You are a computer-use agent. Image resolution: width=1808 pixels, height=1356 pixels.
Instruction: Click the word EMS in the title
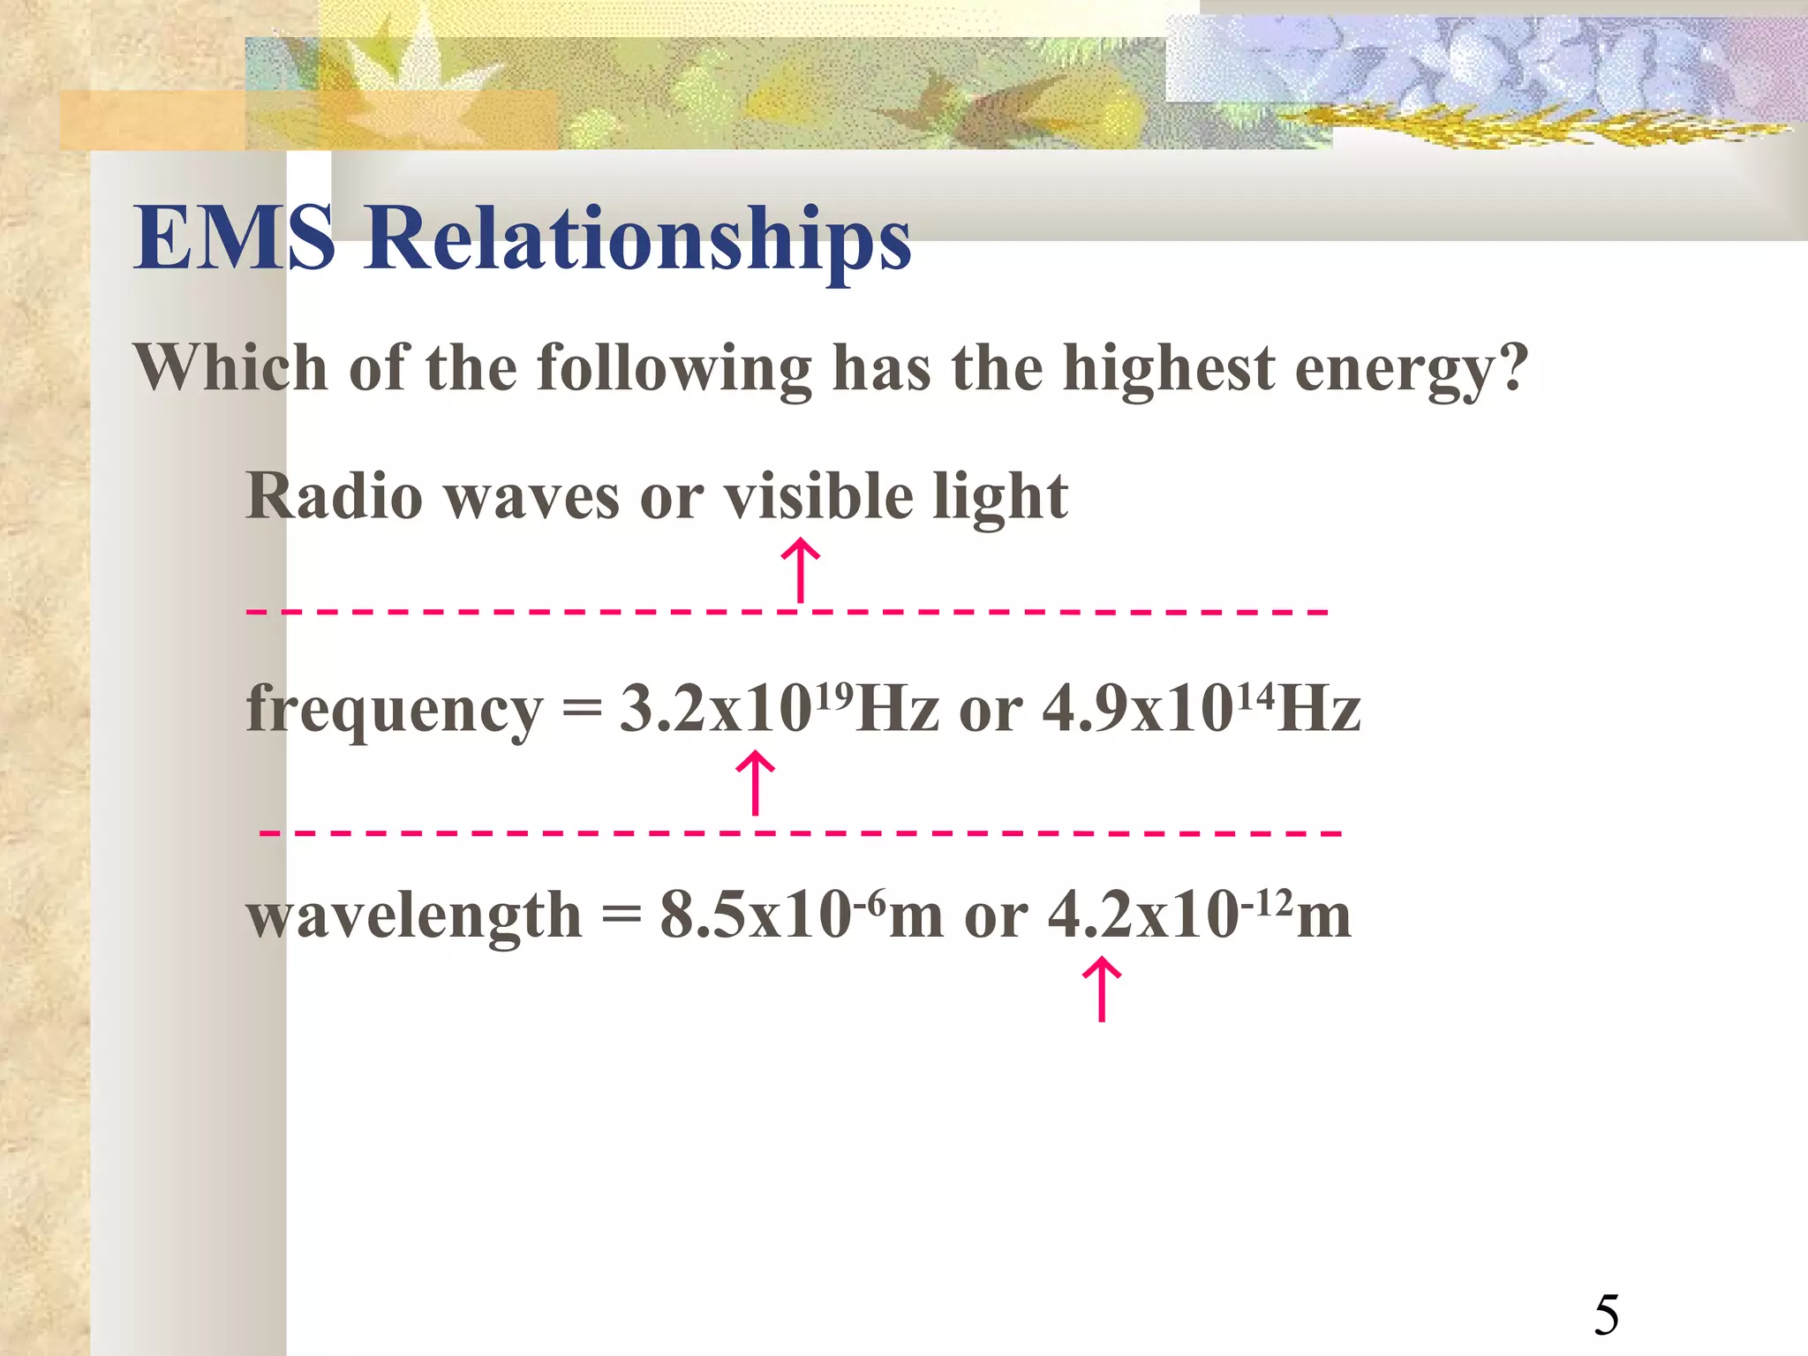[x=234, y=237]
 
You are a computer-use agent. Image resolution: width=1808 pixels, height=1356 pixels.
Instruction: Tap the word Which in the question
[x=230, y=367]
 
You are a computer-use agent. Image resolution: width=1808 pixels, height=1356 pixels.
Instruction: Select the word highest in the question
[x=1169, y=369]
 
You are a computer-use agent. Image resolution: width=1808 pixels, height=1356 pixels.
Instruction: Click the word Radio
[x=334, y=496]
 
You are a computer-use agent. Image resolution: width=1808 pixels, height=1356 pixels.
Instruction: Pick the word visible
[x=818, y=496]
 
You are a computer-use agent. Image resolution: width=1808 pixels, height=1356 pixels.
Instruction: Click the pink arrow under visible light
[x=801, y=570]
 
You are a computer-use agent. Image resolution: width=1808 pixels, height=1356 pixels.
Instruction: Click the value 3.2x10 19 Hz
[x=779, y=708]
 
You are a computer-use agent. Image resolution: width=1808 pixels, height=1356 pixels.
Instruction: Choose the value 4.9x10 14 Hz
[x=1202, y=708]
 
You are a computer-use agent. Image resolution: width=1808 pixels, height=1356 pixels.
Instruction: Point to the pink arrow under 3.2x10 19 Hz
[x=756, y=782]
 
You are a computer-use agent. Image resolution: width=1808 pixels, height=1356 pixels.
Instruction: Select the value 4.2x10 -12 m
[x=1199, y=915]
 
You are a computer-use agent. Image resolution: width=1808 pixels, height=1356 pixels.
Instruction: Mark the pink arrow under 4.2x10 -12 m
[x=1102, y=990]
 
